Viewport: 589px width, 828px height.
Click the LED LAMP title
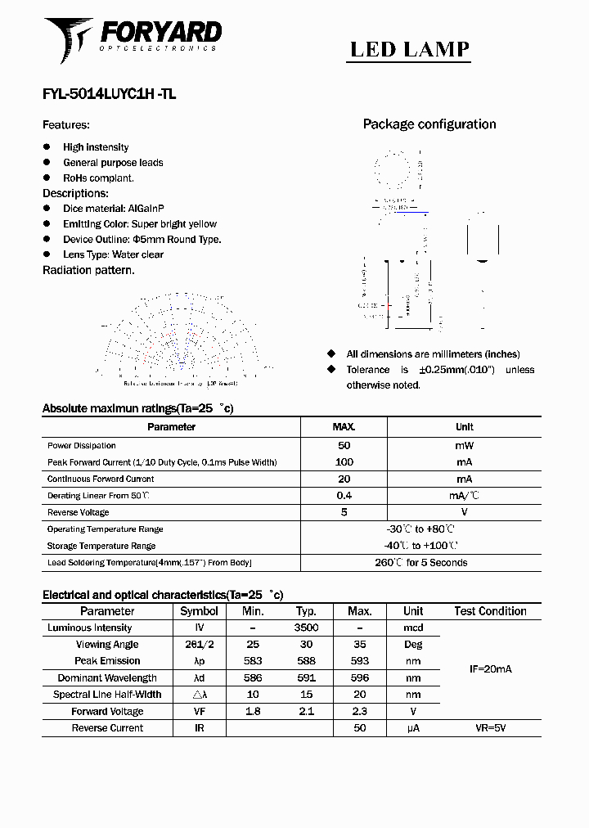pyautogui.click(x=410, y=49)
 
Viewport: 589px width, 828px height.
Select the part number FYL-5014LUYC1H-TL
pyautogui.click(x=109, y=94)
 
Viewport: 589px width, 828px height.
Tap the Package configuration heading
pyautogui.click(x=429, y=124)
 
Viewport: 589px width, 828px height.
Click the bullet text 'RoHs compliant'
pyautogui.click(x=98, y=178)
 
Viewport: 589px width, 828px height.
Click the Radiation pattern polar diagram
pyautogui.click(x=179, y=336)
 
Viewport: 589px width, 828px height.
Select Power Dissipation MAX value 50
pyautogui.click(x=344, y=446)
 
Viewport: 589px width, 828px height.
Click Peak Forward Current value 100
pyautogui.click(x=344, y=462)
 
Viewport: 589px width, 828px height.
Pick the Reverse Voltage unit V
pyautogui.click(x=464, y=512)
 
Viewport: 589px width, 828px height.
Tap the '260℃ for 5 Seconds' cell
pyautogui.click(x=420, y=563)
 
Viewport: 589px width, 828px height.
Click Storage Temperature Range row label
pyautogui.click(x=101, y=546)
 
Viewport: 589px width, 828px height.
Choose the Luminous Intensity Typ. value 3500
pyautogui.click(x=306, y=628)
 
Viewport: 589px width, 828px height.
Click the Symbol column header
pyautogui.click(x=199, y=611)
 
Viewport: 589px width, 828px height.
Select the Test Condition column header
pyautogui.click(x=490, y=611)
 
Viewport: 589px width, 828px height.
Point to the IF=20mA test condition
pyautogui.click(x=490, y=669)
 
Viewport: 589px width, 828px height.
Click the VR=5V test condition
pyautogui.click(x=490, y=727)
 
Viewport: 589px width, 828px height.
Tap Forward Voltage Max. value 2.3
pyautogui.click(x=360, y=711)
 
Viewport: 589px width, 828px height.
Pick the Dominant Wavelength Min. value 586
pyautogui.click(x=253, y=677)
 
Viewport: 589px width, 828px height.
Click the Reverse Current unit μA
pyautogui.click(x=413, y=727)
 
